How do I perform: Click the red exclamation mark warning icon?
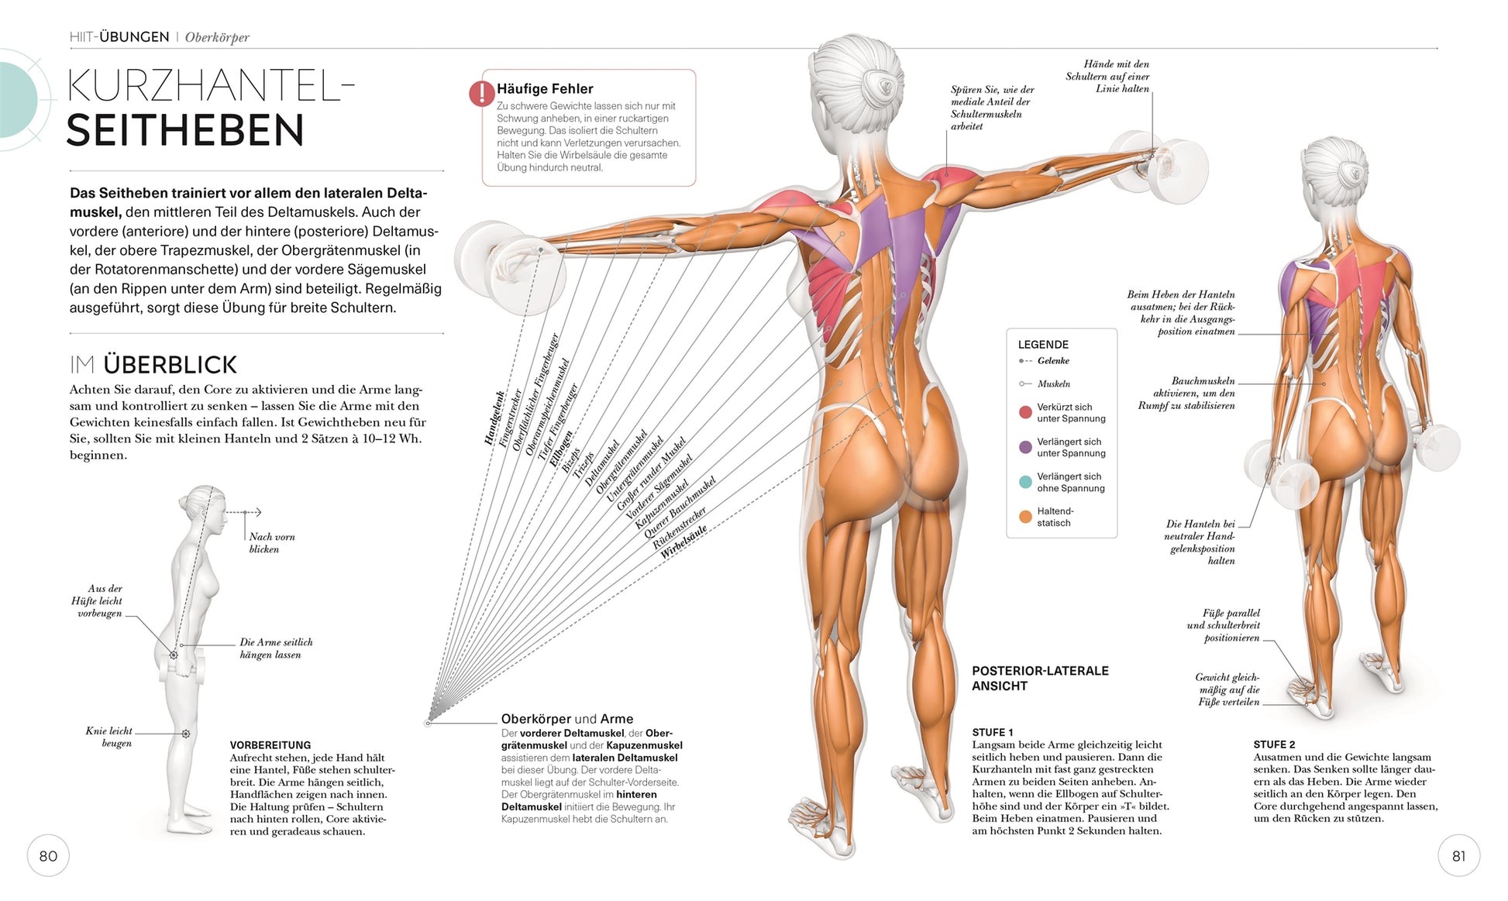[481, 94]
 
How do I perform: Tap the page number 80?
[48, 856]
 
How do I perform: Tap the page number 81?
[1458, 856]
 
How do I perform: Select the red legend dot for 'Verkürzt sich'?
[1025, 412]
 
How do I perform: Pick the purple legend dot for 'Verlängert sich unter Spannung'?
[1025, 447]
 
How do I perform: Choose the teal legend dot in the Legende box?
[1025, 482]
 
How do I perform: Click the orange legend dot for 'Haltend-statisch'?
[1025, 517]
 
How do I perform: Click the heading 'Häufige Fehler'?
[545, 89]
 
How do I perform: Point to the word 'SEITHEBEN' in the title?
[185, 130]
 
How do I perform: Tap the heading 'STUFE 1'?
[993, 732]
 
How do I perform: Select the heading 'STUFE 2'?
[1274, 745]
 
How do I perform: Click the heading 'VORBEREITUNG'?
[270, 745]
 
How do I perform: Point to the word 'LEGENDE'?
[1043, 345]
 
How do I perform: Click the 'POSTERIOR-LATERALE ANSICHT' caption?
[1040, 678]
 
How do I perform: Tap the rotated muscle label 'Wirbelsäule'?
[683, 542]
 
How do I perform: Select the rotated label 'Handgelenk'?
[494, 418]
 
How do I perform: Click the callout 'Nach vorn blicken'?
[271, 542]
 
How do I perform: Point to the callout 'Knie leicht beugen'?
[108, 737]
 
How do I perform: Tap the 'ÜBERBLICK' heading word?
[170, 365]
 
